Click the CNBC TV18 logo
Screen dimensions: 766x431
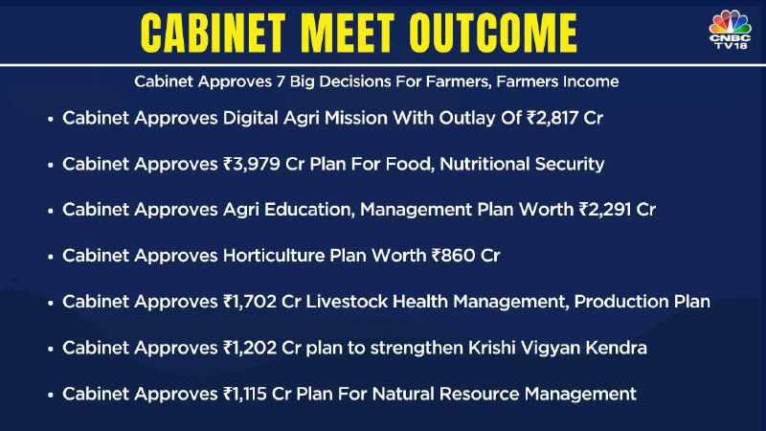point(730,30)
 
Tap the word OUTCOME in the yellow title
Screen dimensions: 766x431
point(493,33)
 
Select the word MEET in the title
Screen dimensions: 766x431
point(347,33)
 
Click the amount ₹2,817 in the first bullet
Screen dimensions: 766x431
point(552,118)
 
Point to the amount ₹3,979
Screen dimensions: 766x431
point(251,164)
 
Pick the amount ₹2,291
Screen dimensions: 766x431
point(605,210)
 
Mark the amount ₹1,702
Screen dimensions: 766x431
point(249,302)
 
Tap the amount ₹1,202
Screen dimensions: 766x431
point(249,348)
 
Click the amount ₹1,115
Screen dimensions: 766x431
point(244,394)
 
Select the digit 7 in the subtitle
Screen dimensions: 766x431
point(280,81)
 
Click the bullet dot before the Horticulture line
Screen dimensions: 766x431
point(51,257)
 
